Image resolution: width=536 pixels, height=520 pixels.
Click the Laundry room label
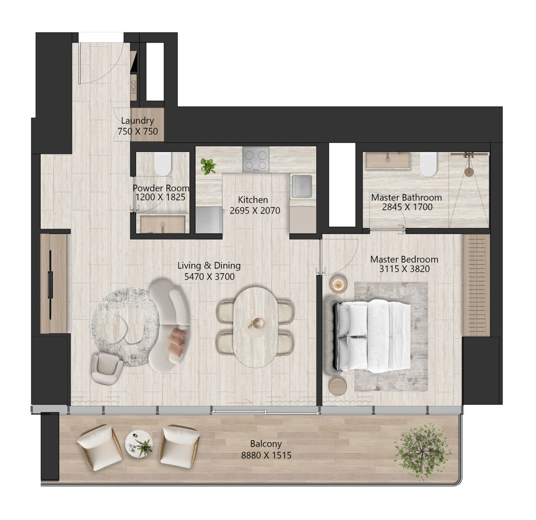[137, 120]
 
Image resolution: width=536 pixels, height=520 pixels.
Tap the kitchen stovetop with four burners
[256, 159]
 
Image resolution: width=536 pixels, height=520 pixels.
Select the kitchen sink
[302, 186]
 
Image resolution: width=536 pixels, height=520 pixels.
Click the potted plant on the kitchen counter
[208, 166]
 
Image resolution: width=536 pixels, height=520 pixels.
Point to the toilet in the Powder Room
[163, 164]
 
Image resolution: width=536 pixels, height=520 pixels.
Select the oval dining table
[256, 327]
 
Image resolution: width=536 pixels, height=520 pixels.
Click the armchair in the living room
[107, 368]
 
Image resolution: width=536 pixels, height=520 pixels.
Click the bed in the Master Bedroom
[373, 337]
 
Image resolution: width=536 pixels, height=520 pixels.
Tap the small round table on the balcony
[139, 444]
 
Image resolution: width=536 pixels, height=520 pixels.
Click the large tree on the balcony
[422, 452]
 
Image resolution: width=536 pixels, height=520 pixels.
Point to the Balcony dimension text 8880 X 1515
[266, 456]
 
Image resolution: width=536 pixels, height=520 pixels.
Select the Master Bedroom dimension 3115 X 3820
[404, 269]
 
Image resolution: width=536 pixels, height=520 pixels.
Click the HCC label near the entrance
[134, 87]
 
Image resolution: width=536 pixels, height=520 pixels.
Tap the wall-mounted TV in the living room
[50, 285]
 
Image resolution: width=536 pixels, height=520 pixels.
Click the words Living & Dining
[209, 266]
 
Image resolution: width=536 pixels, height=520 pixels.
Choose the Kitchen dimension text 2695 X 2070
[255, 210]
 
